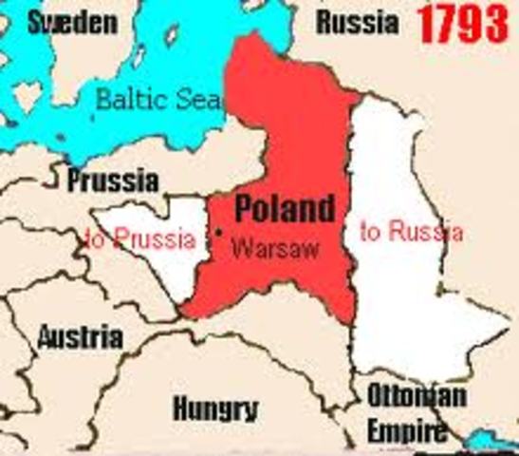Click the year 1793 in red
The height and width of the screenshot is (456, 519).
[x=464, y=25]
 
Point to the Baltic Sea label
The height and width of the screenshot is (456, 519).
[x=158, y=98]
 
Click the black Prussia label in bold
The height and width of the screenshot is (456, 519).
[x=113, y=180]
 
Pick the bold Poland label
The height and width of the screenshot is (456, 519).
[x=285, y=208]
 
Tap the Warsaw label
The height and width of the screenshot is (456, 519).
[x=276, y=248]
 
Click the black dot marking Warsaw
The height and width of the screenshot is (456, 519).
[x=218, y=232]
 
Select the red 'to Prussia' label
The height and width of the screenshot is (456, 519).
[x=140, y=239]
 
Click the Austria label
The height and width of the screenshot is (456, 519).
[x=80, y=336]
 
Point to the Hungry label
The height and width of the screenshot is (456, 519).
[x=215, y=408]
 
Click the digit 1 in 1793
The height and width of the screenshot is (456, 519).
[x=425, y=25]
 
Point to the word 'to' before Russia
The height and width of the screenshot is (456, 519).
[x=371, y=232]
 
